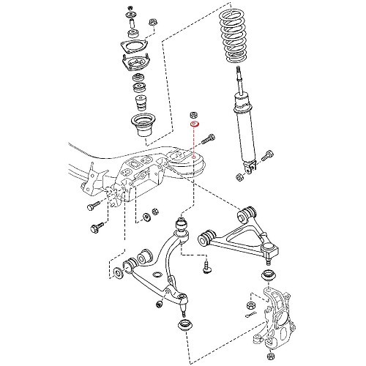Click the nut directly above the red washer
(195, 114)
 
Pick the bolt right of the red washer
(210, 137)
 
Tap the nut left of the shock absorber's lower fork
(239, 176)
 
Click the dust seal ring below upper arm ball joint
(267, 276)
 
